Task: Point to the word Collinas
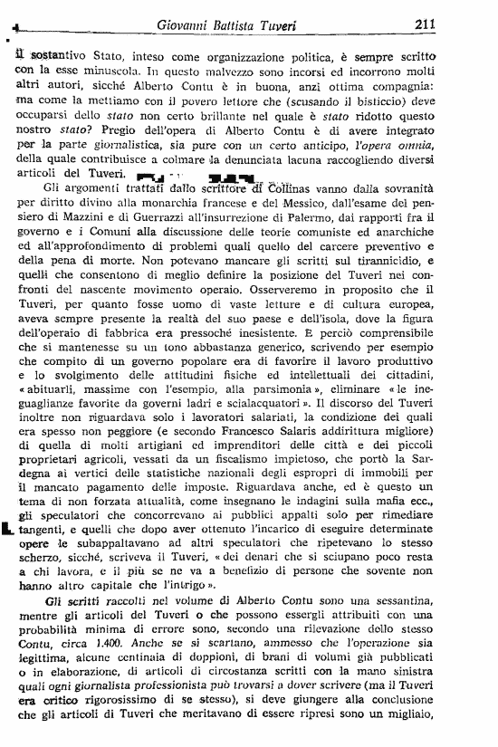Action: click(298, 187)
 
